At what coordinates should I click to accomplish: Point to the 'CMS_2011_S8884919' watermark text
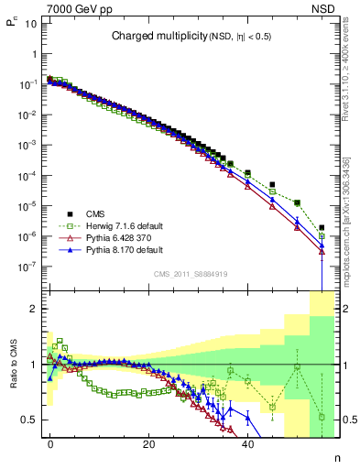[190, 273]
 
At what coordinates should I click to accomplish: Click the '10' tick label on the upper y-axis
[30, 23]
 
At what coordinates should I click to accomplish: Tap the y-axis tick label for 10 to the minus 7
[27, 267]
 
